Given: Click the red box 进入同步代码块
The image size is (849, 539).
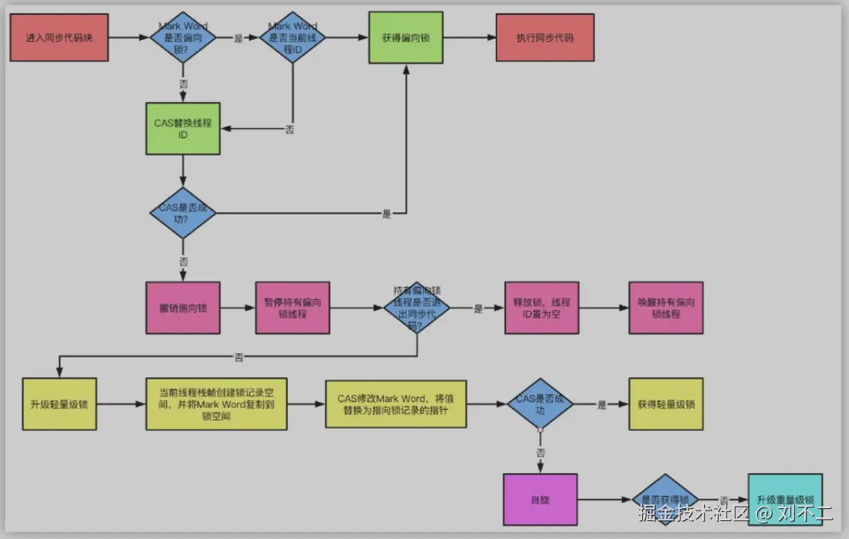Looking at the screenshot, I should pos(59,37).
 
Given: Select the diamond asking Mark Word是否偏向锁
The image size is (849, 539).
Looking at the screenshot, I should pos(183,37).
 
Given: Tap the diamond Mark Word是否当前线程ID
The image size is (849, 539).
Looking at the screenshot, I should pos(292,37).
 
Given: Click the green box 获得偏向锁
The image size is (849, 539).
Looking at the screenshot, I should pos(406,37).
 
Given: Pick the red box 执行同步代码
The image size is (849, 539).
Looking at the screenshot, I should pos(544,37).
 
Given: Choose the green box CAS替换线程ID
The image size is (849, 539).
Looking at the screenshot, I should pos(183,128).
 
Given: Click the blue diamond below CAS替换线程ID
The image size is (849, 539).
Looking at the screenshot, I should pos(183,213).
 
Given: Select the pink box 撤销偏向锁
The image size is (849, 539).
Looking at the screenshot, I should pos(183,307).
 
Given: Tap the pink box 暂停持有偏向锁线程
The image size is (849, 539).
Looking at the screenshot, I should pos(292,307).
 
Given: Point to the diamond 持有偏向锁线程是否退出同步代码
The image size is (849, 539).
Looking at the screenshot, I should pos(417,307).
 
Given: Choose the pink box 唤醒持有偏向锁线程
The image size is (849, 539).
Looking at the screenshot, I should pos(666,307).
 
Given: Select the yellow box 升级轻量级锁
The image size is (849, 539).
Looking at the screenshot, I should pos(59,404).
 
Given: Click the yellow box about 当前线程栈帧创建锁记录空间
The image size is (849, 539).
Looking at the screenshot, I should pos(216,404).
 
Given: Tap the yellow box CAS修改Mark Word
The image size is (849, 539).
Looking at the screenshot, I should pos(395,404).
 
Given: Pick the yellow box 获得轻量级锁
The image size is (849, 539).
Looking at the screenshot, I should pos(666,404).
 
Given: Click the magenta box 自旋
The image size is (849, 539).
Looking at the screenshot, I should pos(541,499).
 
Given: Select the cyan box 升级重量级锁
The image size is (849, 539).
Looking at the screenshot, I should pos(784,499).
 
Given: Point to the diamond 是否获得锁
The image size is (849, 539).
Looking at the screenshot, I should pos(665,500).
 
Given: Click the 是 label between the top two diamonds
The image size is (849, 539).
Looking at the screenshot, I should pos(239,38).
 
